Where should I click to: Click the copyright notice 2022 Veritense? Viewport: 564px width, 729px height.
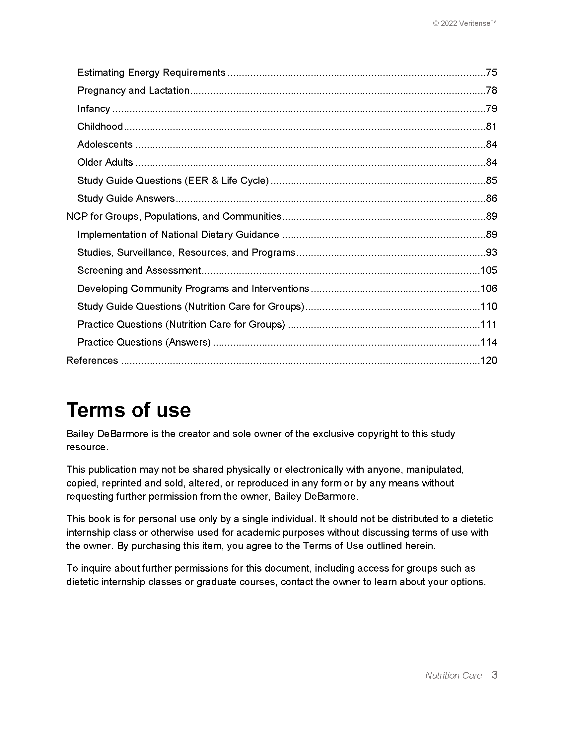(x=464, y=24)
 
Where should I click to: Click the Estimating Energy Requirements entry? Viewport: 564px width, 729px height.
(x=151, y=73)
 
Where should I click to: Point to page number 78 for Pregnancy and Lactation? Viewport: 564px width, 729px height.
(x=491, y=90)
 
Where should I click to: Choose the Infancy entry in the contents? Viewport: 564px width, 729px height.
(x=94, y=108)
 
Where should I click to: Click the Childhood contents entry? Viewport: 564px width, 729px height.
(x=100, y=127)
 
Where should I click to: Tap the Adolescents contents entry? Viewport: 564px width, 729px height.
(x=105, y=144)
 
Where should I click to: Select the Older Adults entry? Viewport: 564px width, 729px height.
(x=105, y=163)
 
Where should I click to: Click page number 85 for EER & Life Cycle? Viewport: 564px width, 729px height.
(x=491, y=181)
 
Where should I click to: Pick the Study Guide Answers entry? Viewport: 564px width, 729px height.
(x=126, y=198)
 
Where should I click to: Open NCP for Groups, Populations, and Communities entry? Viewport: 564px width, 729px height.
(x=174, y=217)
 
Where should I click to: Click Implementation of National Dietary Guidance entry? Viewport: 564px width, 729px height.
(x=178, y=235)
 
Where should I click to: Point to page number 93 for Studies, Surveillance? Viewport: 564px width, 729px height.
(x=491, y=252)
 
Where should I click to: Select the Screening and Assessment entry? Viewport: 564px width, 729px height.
(x=139, y=270)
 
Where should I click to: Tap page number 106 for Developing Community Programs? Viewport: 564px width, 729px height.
(x=489, y=288)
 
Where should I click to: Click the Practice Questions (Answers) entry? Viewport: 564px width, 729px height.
(x=144, y=343)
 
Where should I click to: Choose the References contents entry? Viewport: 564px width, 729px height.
(x=92, y=361)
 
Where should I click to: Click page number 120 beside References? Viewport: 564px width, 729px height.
(x=489, y=361)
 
